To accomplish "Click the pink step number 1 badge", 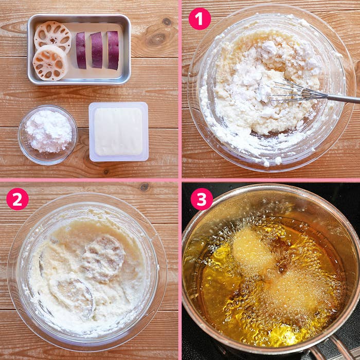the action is tap(200, 19).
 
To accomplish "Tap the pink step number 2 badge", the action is tap(17, 199).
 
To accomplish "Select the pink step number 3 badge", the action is tap(202, 199).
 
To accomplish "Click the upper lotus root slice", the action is tap(52, 37).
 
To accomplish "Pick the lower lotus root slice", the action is tap(50, 63).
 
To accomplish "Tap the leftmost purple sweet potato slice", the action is tap(81, 50).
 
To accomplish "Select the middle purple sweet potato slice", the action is tap(97, 50).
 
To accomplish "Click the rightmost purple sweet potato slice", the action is tap(113, 50).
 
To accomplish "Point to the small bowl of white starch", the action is tap(48, 135).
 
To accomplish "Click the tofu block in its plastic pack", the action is tap(118, 132).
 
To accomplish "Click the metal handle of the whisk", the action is tap(344, 99).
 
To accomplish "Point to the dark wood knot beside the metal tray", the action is tap(156, 40).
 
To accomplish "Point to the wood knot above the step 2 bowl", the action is tap(144, 187).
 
